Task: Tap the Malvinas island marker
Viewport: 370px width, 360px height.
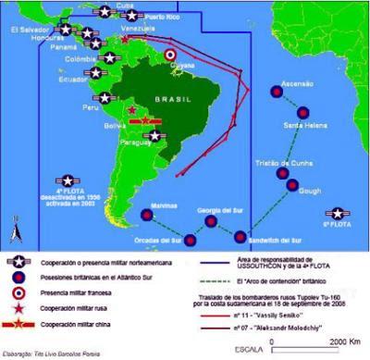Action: (146, 216)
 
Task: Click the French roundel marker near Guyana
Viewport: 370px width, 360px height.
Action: (170, 56)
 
